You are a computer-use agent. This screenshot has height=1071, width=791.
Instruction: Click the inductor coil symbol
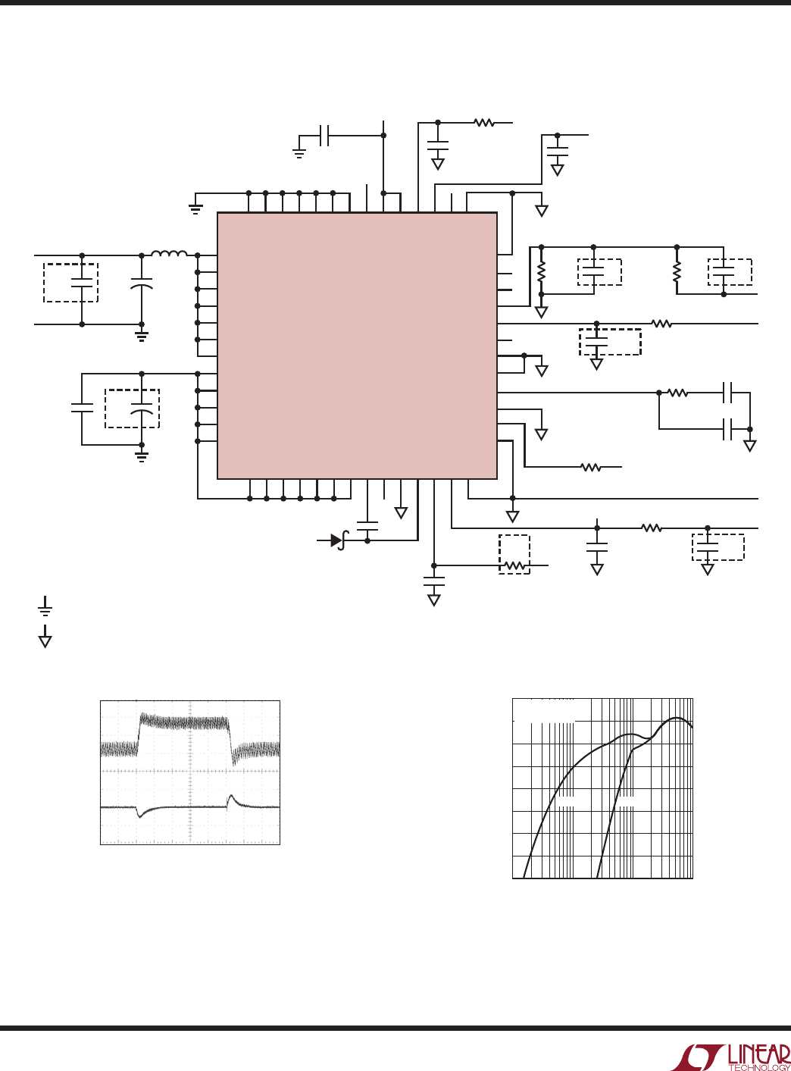coord(170,253)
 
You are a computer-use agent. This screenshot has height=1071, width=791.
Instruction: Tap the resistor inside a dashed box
coord(514,565)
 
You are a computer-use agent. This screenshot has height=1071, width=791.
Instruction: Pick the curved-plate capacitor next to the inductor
coord(142,283)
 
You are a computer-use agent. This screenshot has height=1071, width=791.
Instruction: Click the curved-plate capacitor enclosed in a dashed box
coord(142,409)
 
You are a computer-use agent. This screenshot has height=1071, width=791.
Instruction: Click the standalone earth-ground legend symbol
coord(45,606)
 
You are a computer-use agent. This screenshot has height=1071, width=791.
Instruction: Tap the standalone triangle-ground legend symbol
coord(45,637)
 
